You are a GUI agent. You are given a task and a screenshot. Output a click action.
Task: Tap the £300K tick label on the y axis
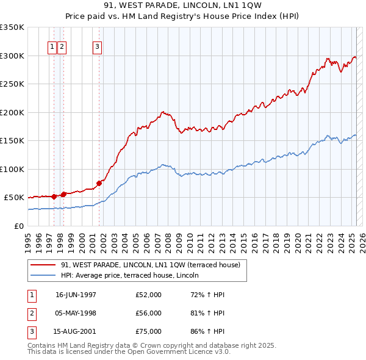12,56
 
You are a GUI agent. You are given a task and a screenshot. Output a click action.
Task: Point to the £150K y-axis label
12,140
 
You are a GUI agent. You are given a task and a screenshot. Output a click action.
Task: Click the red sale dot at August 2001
99,182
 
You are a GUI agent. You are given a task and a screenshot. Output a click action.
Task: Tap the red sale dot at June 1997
54,196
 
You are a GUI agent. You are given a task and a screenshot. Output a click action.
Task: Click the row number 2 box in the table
31,313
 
